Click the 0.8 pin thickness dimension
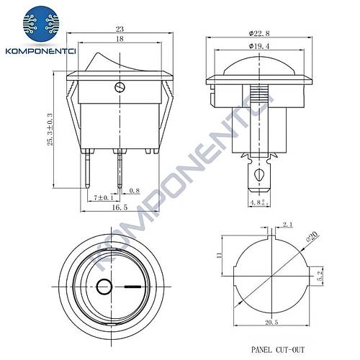134,191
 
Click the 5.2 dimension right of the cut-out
329,274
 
